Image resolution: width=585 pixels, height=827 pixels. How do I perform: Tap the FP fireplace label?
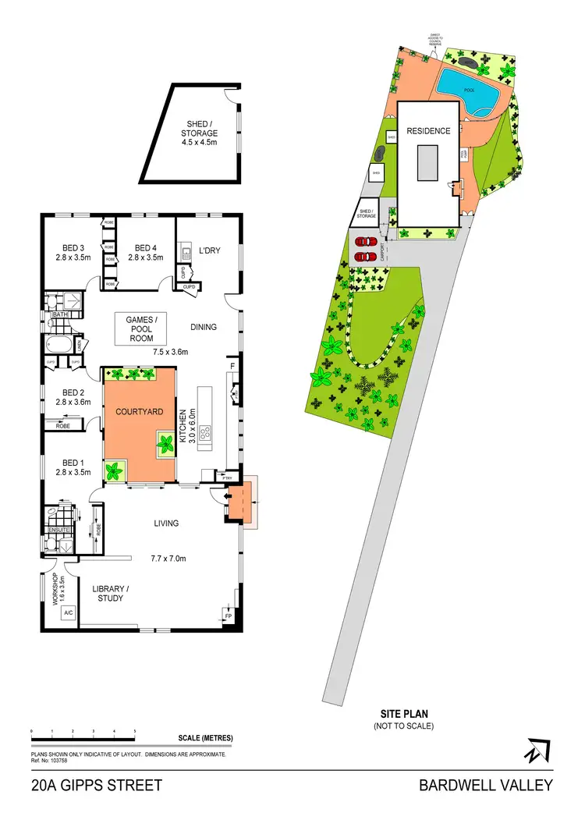click(x=228, y=616)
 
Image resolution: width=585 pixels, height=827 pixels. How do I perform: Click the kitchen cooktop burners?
click(x=207, y=433)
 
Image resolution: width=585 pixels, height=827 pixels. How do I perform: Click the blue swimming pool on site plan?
click(x=468, y=92)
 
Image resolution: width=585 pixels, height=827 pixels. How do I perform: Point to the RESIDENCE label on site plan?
click(x=428, y=131)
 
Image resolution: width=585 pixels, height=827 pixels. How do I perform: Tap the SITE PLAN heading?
click(x=404, y=713)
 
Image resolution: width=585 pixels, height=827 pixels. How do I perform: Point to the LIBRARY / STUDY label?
click(x=111, y=593)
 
